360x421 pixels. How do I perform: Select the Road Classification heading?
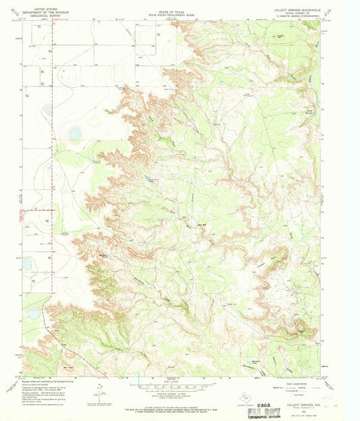(284, 382)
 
